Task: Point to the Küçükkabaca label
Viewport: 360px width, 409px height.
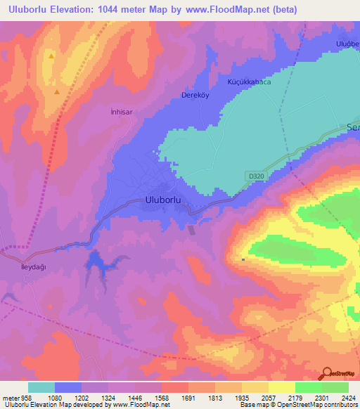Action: (247, 82)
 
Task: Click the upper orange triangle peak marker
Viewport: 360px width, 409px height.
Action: (51, 55)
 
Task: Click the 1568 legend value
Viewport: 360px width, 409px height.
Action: (162, 397)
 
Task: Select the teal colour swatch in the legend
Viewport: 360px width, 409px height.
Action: (41, 387)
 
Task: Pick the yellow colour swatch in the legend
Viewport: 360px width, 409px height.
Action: (281, 387)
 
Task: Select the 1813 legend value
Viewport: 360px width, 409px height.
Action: (216, 397)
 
